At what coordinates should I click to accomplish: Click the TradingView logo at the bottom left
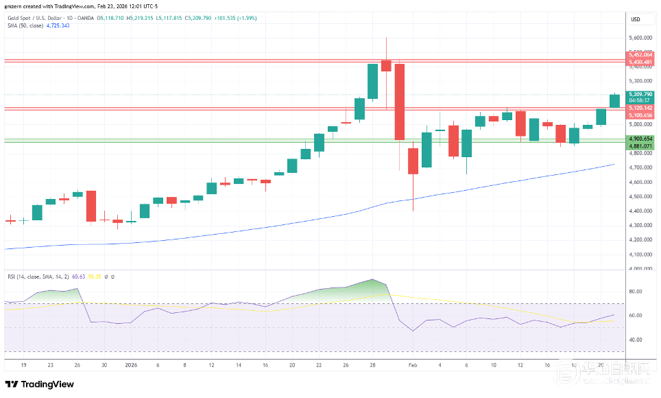tap(40, 384)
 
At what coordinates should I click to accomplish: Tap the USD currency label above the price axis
tap(635, 19)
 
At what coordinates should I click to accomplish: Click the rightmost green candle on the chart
tap(614, 101)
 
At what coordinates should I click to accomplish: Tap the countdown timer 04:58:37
tap(639, 100)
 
